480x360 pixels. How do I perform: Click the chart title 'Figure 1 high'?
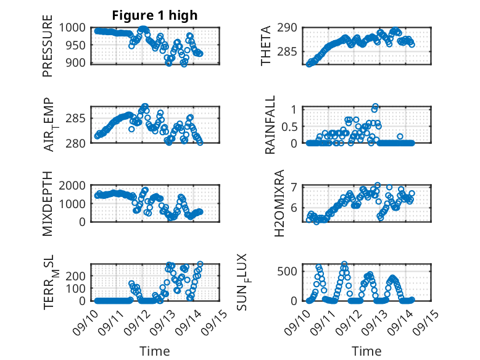[155, 15]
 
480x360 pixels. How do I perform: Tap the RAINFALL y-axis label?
[271, 125]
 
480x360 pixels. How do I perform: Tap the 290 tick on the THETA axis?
[292, 27]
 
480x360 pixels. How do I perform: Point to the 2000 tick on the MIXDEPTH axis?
[77, 185]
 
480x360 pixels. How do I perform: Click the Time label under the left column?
[155, 351]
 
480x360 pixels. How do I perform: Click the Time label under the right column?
[366, 351]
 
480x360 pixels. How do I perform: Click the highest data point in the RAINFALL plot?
[375, 106]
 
